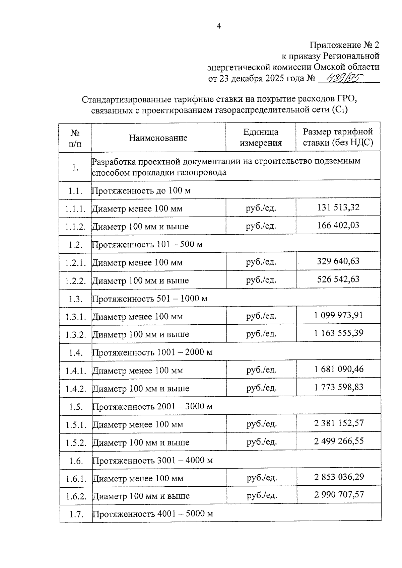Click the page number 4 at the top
219,26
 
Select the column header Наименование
158,138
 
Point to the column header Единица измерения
261,137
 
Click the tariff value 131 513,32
338,208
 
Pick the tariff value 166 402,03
338,225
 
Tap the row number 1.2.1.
76,263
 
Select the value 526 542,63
338,279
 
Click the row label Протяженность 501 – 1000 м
150,299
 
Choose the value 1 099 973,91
338,315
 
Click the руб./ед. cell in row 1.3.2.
261,334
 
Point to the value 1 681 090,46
339,369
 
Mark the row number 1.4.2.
76,389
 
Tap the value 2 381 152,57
339,423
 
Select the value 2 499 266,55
339,441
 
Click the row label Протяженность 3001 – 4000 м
153,461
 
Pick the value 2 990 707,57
339,494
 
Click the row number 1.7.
76,514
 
